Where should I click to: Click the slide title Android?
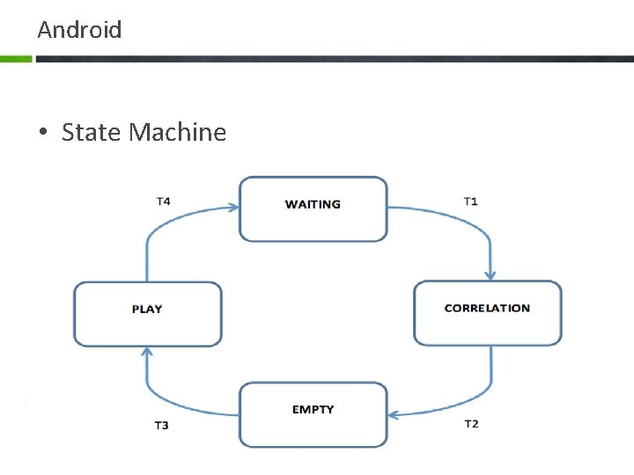click(x=79, y=30)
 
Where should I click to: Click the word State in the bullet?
click(x=92, y=133)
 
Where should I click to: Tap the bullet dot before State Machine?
click(x=42, y=134)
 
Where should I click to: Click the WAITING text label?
click(x=313, y=204)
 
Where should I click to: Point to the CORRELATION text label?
click(x=487, y=308)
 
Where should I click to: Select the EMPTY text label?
click(x=313, y=410)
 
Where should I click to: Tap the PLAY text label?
click(x=147, y=309)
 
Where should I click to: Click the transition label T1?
click(x=471, y=201)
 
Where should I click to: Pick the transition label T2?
click(x=471, y=424)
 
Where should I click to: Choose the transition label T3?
click(x=162, y=426)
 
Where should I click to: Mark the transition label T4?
click(x=163, y=201)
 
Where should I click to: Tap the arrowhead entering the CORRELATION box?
click(x=490, y=274)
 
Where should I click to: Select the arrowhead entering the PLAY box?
click(x=146, y=353)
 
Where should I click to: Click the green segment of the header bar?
click(x=16, y=59)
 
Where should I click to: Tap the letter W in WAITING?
click(x=291, y=204)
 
